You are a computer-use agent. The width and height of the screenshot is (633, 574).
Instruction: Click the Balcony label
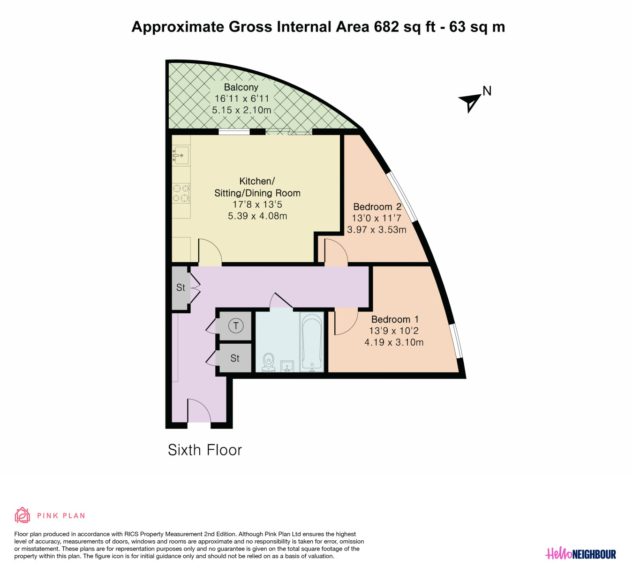[x=241, y=87]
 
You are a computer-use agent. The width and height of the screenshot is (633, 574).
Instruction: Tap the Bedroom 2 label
[x=377, y=207]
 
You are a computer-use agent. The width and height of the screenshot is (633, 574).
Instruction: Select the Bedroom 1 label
[x=395, y=319]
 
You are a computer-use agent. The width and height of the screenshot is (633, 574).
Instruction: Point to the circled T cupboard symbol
[x=236, y=325]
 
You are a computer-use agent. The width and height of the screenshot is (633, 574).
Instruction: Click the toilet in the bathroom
[x=269, y=362]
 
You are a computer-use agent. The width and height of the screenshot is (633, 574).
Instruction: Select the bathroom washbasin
[x=287, y=366]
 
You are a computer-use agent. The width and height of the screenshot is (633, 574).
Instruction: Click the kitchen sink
[x=181, y=155]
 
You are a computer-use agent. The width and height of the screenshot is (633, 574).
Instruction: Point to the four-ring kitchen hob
[x=181, y=193]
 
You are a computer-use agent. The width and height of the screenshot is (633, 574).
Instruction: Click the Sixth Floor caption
[x=205, y=450]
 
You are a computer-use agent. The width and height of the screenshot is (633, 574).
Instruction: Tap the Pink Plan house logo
[x=23, y=515]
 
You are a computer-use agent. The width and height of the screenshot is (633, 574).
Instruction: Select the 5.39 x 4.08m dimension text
[x=257, y=216]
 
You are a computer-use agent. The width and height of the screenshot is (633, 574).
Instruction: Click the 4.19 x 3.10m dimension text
[x=394, y=342]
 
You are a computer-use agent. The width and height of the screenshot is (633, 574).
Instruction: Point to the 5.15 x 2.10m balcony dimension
[x=241, y=110]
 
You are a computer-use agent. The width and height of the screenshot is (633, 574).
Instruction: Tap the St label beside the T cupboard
[x=235, y=358]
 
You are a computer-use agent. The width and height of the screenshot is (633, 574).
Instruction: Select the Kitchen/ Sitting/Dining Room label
[x=257, y=187]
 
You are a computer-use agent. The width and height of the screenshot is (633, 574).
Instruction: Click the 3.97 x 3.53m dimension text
[x=377, y=229]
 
